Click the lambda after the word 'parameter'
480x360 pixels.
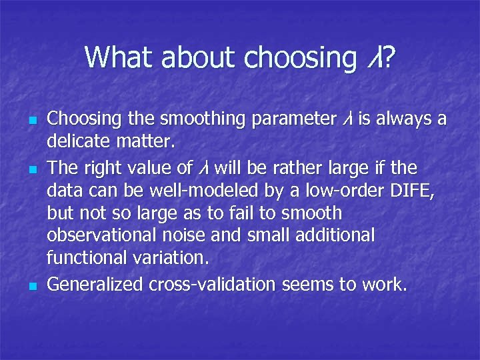pyautogui.click(x=347, y=120)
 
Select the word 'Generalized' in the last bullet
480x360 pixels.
pyautogui.click(x=95, y=285)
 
